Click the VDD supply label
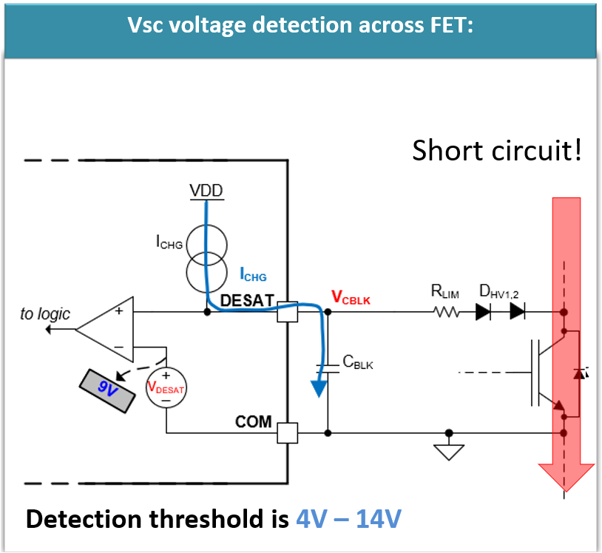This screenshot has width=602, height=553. tap(206, 191)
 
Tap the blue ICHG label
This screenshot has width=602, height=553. tap(253, 276)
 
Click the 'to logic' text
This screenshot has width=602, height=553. tap(45, 314)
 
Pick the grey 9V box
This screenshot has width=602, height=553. tap(108, 390)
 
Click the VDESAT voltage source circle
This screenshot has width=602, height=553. tap(166, 387)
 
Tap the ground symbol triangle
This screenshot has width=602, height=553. tap(448, 452)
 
